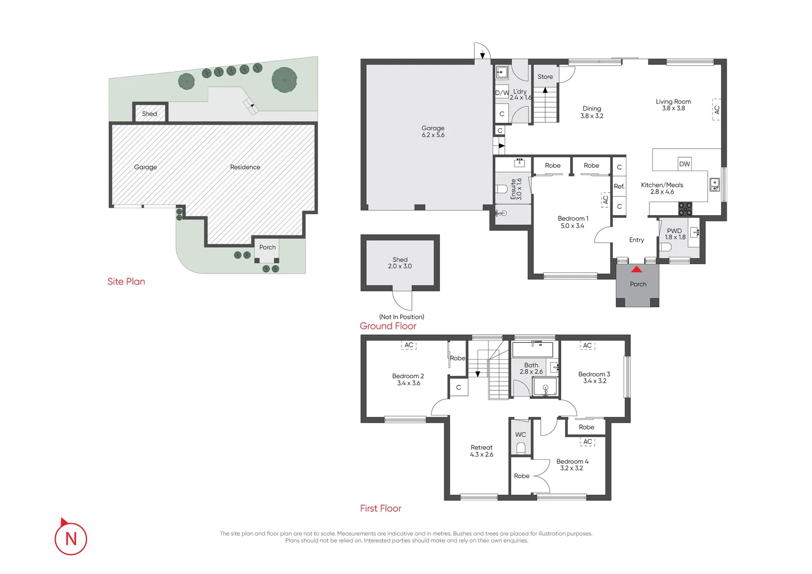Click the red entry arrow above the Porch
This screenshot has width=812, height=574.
pos(637,269)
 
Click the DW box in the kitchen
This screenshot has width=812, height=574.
pos(684,164)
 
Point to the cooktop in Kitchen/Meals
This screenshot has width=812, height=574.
pos(685,208)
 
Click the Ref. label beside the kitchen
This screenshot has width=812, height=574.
pos(619,187)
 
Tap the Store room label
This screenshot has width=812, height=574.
pos(545,77)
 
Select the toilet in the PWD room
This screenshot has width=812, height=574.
pos(665,247)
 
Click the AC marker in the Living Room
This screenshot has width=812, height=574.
pos(716,109)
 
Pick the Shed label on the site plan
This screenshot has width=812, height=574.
pos(149,114)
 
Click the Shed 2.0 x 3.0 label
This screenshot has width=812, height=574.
pos(400,263)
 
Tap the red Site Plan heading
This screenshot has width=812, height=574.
pos(126,281)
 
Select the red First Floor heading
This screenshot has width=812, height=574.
pos(380,509)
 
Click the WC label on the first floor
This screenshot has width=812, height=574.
pos(521,434)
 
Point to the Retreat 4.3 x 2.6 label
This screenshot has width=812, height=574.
pos(481,451)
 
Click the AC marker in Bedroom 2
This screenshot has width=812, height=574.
pos(409,345)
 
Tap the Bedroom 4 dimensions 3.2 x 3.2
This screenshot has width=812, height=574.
pos(572,468)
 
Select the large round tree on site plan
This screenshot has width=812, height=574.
pos(284,79)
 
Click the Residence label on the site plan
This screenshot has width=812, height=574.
pos(245,167)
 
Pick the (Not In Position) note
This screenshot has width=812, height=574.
pos(402,317)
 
